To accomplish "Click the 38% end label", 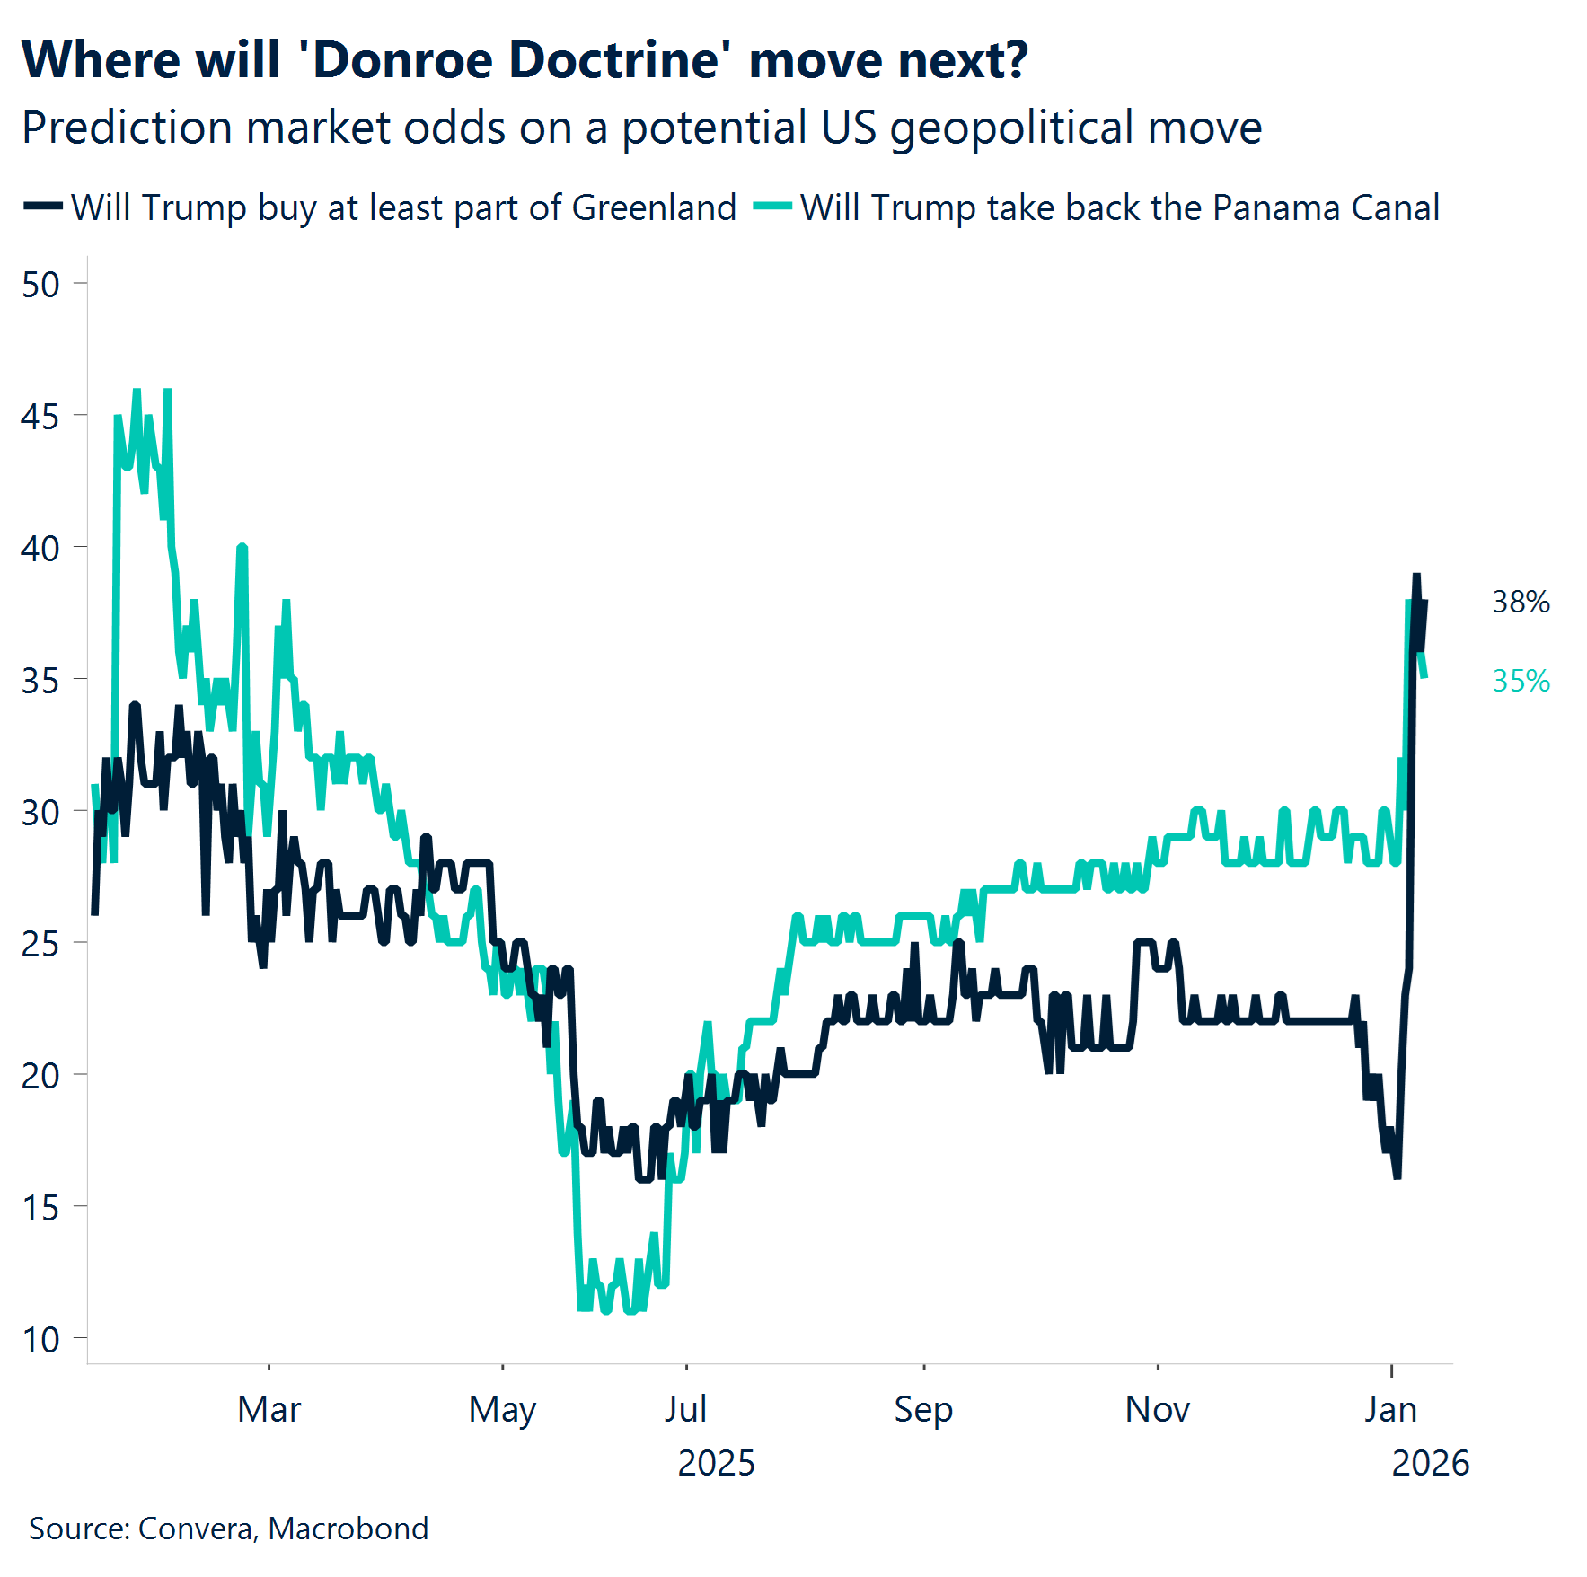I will point(1521,602).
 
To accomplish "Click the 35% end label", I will point(1521,681).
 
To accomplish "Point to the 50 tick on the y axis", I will point(40,285).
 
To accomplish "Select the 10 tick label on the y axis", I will point(40,1340).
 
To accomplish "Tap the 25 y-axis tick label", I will point(40,944).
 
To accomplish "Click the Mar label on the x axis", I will point(269,1410).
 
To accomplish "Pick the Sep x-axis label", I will point(922,1410).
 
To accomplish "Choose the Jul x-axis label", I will point(685,1410).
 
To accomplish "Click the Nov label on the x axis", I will point(1157,1410).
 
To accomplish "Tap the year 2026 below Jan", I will point(1430,1464).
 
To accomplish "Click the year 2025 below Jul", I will point(716,1464).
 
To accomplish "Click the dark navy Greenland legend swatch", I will point(42,207).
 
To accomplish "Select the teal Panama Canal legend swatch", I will point(771,207).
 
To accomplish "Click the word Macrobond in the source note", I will point(348,1529).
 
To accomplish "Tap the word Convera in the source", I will point(197,1529).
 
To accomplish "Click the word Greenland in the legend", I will point(654,207).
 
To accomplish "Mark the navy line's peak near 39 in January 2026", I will point(1416,577).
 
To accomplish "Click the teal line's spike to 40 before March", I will point(242,546).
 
